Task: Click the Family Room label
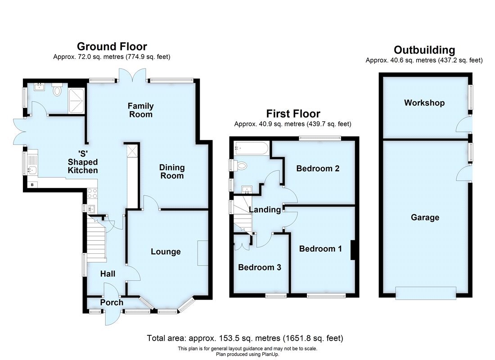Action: pyautogui.click(x=140, y=110)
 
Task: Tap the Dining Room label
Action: pyautogui.click(x=172, y=171)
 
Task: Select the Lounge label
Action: pyautogui.click(x=166, y=252)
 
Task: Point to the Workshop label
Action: pyautogui.click(x=424, y=103)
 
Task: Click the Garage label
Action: pyautogui.click(x=425, y=217)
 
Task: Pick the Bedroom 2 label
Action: pyautogui.click(x=318, y=169)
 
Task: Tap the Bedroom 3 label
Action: pyautogui.click(x=260, y=267)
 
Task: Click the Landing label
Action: pyautogui.click(x=265, y=209)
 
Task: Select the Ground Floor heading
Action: pyautogui.click(x=112, y=46)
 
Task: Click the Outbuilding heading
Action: pyautogui.click(x=424, y=49)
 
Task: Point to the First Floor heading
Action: pyautogui.click(x=293, y=114)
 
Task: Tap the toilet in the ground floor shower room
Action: pyautogui.click(x=57, y=91)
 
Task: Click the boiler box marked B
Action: pyautogui.click(x=32, y=184)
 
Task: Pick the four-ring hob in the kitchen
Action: pyautogui.click(x=92, y=193)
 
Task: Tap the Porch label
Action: pyautogui.click(x=111, y=302)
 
